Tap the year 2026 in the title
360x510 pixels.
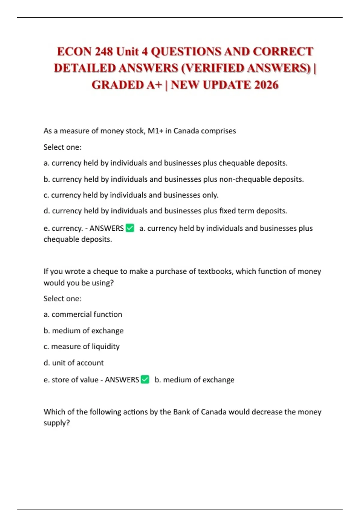click(266, 85)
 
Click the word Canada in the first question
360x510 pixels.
click(186, 131)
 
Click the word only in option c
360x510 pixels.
click(210, 195)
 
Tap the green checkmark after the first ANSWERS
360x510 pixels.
click(130, 228)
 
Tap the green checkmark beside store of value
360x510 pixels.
click(145, 379)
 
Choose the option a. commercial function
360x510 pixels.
click(83, 314)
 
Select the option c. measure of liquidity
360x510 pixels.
click(82, 346)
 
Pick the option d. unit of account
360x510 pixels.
click(73, 363)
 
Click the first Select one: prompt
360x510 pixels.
click(62, 147)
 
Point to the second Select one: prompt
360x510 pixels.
click(62, 298)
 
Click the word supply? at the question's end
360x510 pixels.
click(57, 423)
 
